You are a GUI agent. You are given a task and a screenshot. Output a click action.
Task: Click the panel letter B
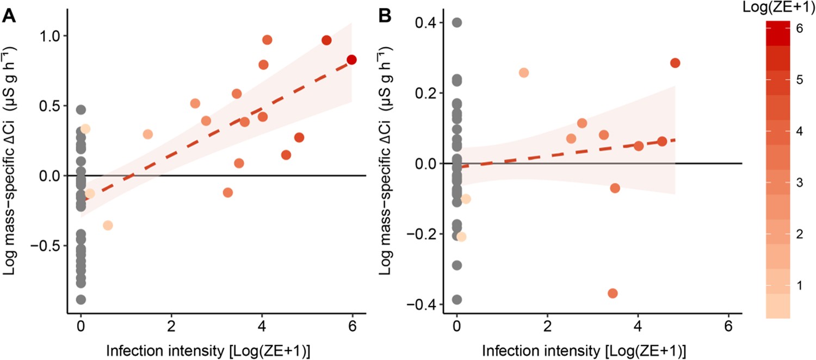[387, 16]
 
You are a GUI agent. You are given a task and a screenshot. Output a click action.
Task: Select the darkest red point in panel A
[351, 60]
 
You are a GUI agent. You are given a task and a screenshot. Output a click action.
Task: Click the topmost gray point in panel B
[457, 23]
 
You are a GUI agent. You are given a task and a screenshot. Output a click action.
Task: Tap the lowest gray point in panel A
[81, 300]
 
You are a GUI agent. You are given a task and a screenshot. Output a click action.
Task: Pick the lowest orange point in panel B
[613, 294]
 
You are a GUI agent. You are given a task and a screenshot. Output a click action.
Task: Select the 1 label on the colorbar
[799, 286]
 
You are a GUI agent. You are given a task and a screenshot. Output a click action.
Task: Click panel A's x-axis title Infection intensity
[217, 348]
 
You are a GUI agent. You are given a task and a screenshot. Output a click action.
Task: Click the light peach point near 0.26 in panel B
[524, 73]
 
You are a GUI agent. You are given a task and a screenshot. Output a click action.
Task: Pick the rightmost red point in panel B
[675, 63]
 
